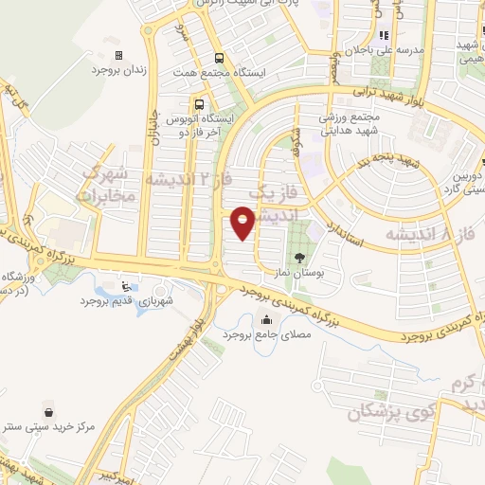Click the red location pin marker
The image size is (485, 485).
244,224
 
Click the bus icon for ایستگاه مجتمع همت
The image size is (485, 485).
220,57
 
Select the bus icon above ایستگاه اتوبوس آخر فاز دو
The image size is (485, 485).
199,104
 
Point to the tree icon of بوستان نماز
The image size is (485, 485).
300,257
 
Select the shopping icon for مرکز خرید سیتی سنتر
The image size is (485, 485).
62,411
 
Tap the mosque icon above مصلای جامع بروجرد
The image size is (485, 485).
265,320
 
